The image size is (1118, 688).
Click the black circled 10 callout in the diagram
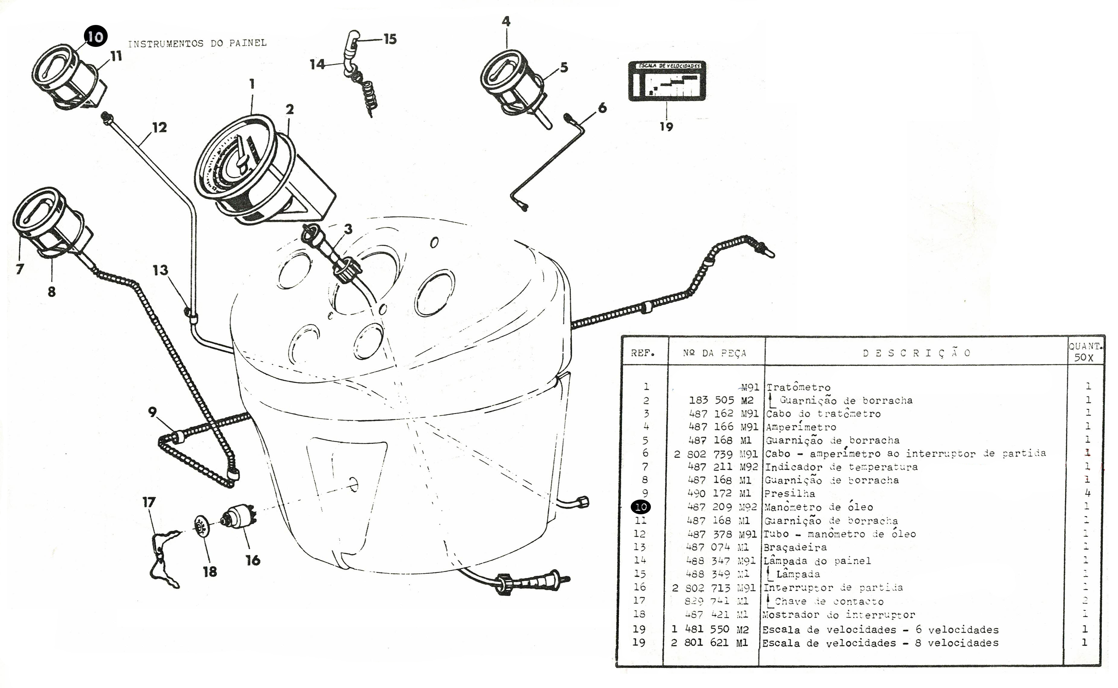pyautogui.click(x=95, y=36)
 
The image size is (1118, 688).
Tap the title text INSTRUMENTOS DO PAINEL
pyautogui.click(x=197, y=43)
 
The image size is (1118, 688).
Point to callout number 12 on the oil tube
pyautogui.click(x=159, y=127)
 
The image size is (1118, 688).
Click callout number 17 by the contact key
pyautogui.click(x=149, y=502)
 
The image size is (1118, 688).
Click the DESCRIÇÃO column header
pyautogui.click(x=916, y=353)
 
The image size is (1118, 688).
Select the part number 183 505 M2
pyautogui.click(x=721, y=400)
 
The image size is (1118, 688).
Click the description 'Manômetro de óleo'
pyautogui.click(x=818, y=507)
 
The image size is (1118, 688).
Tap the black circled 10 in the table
pyautogui.click(x=641, y=507)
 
